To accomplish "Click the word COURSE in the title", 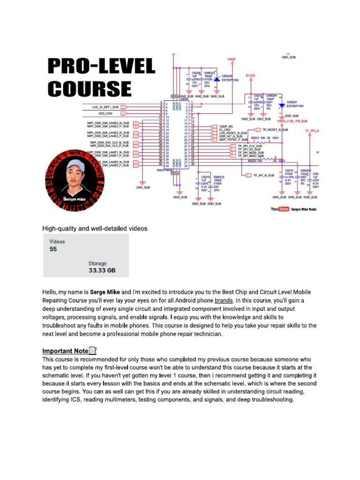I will pos(90,89).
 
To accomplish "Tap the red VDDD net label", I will pos(232,60).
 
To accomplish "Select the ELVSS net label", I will pos(251,75).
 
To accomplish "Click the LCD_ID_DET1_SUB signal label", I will pos(105,107).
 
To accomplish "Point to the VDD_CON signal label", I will pos(105,113).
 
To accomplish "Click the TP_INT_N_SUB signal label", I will pos(263,175).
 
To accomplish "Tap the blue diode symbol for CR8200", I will pos(216,80).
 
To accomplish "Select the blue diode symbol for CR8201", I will pos(281,106).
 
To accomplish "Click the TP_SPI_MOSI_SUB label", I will pos(250,152).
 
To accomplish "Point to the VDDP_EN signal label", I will pos(226,126).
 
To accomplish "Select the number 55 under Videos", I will pos(53,249).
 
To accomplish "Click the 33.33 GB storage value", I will pos(102,270).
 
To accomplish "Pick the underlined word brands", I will pos(224,300).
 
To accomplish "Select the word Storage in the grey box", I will pos(97,263).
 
